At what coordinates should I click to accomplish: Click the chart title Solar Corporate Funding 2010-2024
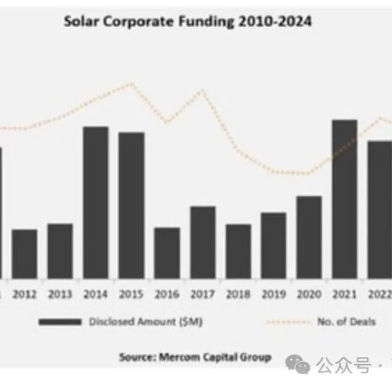click(x=188, y=22)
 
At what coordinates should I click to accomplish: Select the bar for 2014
click(x=96, y=202)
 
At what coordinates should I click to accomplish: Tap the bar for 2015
click(x=132, y=206)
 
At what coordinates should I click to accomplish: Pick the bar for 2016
click(x=167, y=253)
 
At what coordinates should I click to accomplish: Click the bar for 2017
click(x=203, y=243)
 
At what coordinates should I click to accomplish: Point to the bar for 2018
click(x=238, y=251)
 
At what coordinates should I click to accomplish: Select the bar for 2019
click(x=273, y=246)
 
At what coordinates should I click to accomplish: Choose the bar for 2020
click(x=309, y=238)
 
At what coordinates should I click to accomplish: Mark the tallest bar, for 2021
click(x=344, y=199)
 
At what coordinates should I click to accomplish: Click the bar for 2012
click(x=25, y=254)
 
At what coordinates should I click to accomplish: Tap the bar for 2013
click(x=60, y=251)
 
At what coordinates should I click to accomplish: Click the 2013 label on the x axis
click(x=60, y=294)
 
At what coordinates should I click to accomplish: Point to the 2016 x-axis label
click(x=167, y=294)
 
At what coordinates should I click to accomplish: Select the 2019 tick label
click(x=274, y=294)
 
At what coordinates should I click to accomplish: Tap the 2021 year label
click(x=344, y=294)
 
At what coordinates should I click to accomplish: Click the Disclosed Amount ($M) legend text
click(x=146, y=322)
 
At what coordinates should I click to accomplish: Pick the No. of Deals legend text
click(x=347, y=322)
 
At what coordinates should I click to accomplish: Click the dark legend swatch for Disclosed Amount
click(x=60, y=322)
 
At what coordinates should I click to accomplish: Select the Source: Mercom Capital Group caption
click(x=195, y=357)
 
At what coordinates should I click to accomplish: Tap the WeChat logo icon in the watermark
click(x=297, y=364)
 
